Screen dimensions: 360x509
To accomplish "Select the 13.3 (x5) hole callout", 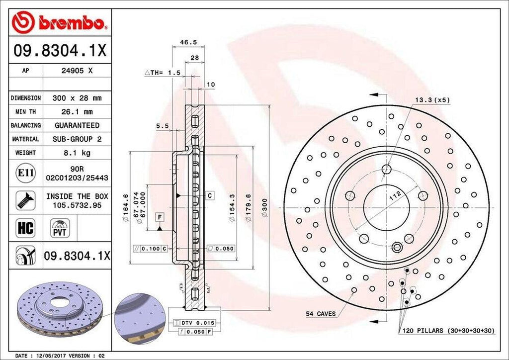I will (x=432, y=100).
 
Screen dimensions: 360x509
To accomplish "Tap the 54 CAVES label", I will (x=321, y=314).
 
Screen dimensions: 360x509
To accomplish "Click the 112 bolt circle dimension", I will (x=394, y=197).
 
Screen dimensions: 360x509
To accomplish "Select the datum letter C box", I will (x=210, y=195).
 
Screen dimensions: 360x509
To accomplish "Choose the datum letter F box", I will (x=160, y=217).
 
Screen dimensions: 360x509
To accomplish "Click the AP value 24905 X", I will (x=77, y=71).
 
